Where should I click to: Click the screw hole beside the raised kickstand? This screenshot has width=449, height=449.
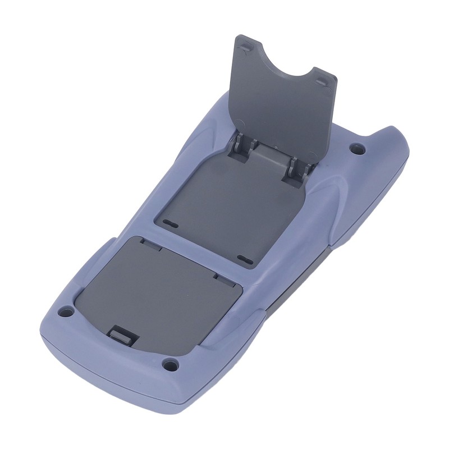[x=357, y=149]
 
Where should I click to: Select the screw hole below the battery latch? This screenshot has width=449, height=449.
[x=170, y=365]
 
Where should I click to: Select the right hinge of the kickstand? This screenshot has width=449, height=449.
[x=295, y=166]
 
